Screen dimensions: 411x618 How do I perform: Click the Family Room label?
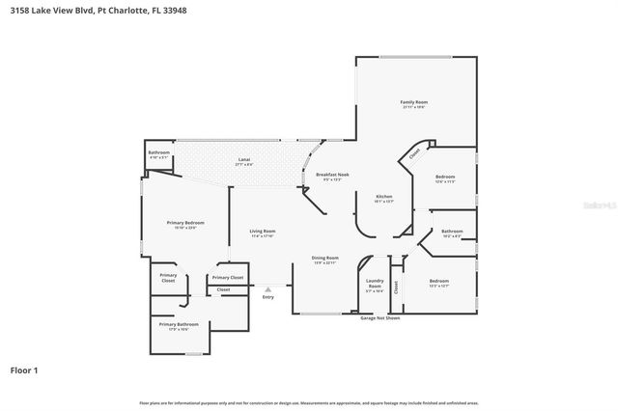tap(414, 102)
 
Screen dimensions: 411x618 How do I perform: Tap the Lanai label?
tap(244, 160)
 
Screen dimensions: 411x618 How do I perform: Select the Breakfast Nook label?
tap(332, 175)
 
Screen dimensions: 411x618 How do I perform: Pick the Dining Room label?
tap(324, 259)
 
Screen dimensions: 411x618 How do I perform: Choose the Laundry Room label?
tap(375, 284)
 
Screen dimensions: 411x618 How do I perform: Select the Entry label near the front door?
tap(267, 296)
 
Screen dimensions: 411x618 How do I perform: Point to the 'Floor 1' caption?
tap(24, 370)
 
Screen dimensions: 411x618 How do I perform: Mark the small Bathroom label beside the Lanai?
tap(159, 153)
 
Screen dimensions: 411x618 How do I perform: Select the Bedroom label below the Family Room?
tap(444, 178)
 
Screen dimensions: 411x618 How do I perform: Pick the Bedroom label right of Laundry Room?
tap(438, 281)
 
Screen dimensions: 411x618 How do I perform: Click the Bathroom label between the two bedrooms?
tap(452, 232)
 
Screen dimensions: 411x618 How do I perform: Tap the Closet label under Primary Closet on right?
tap(223, 289)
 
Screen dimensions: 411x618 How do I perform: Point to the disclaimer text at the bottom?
tap(309, 401)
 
